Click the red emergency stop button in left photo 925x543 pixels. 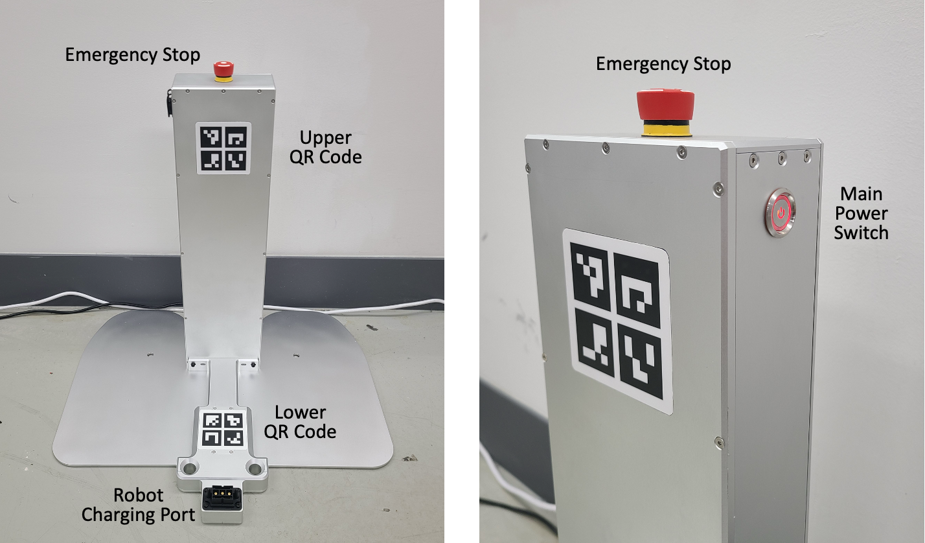[223, 69]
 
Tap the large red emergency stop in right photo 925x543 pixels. [665, 105]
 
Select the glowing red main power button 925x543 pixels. [781, 213]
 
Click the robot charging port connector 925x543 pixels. [222, 498]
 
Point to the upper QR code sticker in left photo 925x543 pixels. [223, 148]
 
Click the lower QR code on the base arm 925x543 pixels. [223, 428]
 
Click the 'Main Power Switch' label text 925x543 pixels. [861, 213]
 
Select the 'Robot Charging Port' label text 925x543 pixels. [138, 505]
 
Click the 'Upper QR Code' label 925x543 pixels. [325, 147]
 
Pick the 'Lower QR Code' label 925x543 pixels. [304, 422]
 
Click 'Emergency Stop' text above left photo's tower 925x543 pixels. [132, 55]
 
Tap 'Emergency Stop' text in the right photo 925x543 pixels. [663, 64]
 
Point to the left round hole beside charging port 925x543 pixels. [188, 467]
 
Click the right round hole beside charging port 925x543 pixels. [255, 467]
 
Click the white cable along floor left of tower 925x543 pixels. [78, 299]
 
